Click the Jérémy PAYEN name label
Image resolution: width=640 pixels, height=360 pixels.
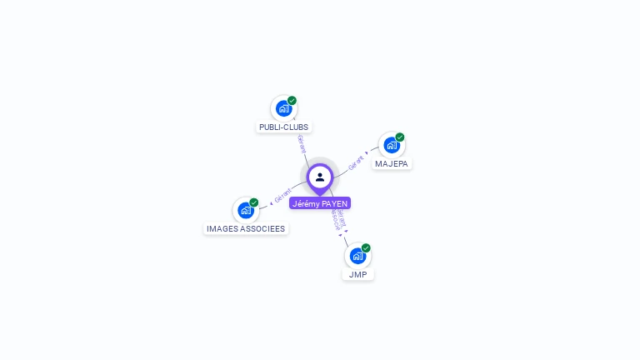point(320,203)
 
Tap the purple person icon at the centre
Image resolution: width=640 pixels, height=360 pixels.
point(320,177)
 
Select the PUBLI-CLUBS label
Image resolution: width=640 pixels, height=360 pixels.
point(283,127)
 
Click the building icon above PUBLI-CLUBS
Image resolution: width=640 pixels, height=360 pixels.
point(283,108)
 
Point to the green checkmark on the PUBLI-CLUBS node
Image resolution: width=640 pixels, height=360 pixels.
point(292,101)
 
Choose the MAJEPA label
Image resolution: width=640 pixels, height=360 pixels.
point(392,164)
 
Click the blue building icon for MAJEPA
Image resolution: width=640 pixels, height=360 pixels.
point(391,145)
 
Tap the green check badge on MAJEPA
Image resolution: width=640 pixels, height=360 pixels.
point(400,137)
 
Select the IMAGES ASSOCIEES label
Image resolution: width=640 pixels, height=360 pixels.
point(246,228)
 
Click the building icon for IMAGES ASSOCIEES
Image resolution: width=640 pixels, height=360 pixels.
point(245,210)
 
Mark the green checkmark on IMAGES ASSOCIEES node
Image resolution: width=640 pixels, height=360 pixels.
point(254,202)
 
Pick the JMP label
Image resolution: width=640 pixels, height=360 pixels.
point(357,274)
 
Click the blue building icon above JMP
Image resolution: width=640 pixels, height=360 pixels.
point(357,256)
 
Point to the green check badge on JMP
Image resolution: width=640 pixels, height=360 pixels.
point(366,248)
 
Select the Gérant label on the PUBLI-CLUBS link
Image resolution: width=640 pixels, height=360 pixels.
point(300,142)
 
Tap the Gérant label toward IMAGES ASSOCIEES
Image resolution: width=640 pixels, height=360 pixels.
point(282,197)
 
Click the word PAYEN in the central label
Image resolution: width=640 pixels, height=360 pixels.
point(334,203)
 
